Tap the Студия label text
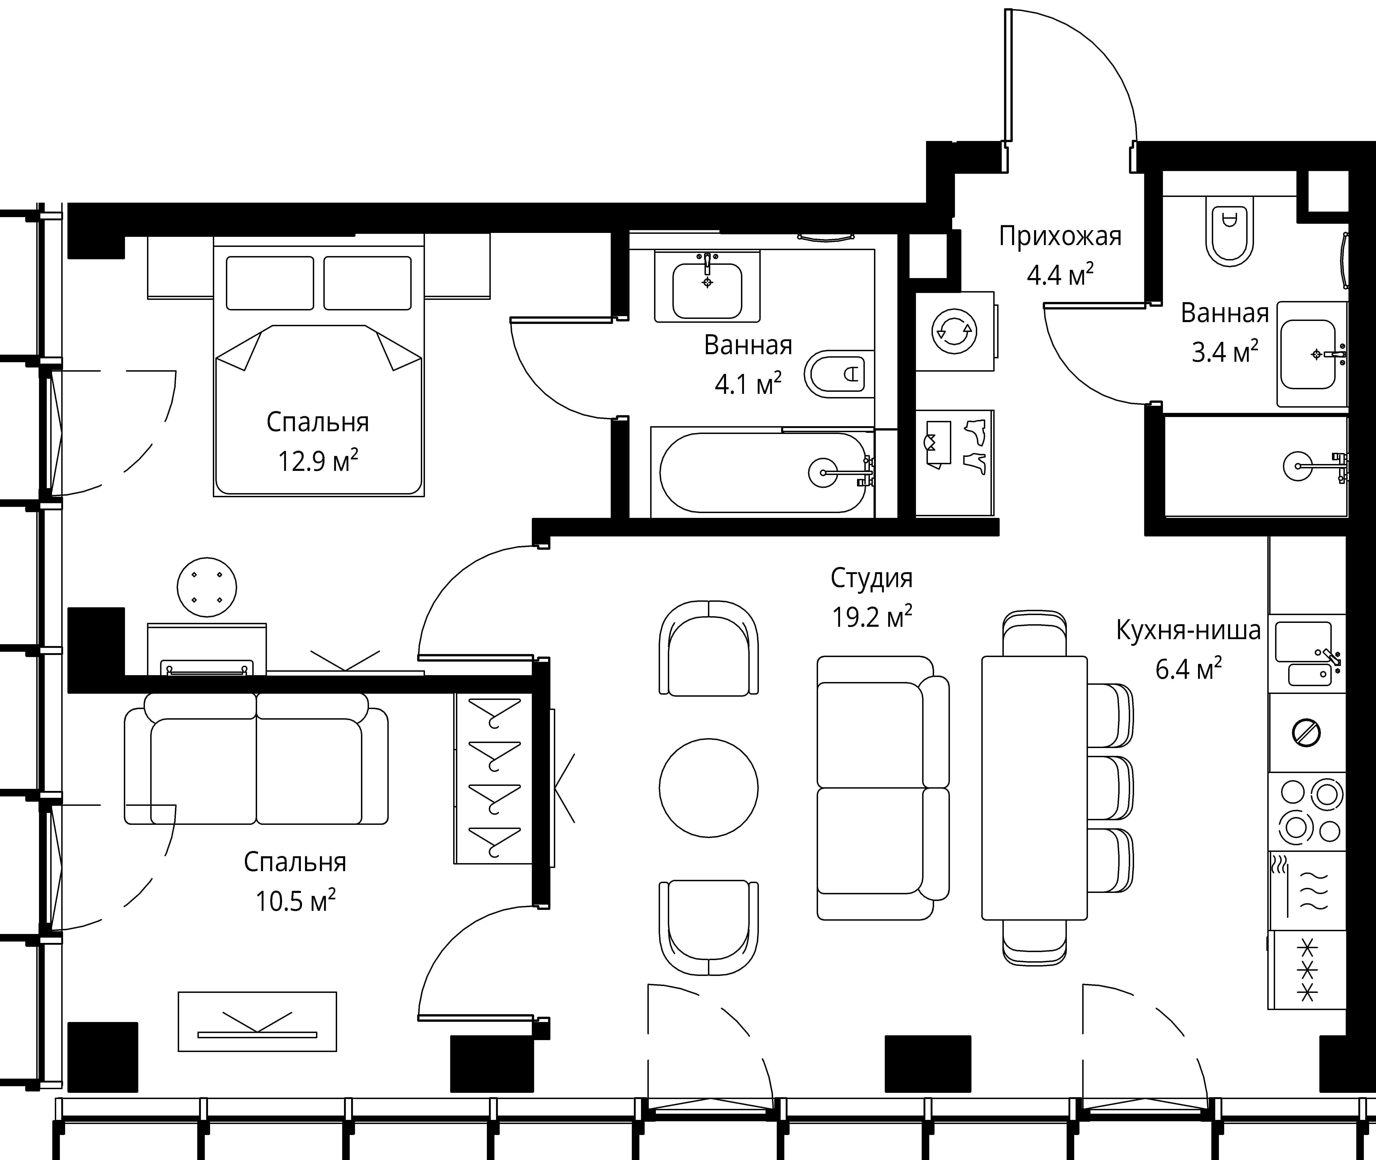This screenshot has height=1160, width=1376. tap(871, 578)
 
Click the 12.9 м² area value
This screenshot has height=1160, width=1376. tap(318, 461)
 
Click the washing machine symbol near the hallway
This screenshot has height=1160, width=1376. tap(954, 331)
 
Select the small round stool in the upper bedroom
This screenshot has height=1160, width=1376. tap(207, 587)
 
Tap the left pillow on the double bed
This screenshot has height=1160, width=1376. tap(270, 283)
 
